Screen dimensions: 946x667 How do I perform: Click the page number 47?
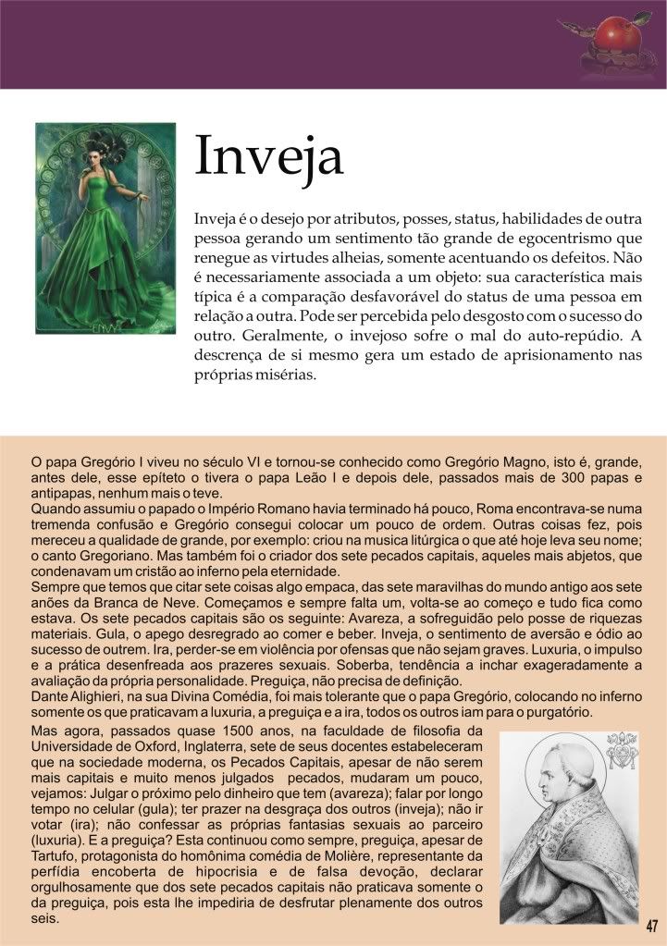tap(652, 926)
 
